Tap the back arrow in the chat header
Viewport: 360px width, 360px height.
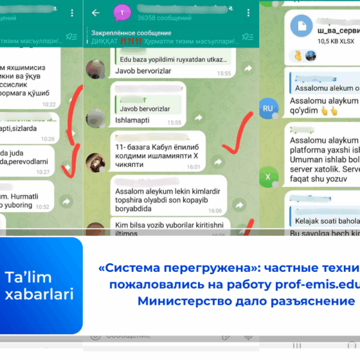(x=95, y=13)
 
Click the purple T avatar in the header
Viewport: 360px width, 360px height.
(x=123, y=13)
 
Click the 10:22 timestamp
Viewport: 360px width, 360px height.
(x=48, y=104)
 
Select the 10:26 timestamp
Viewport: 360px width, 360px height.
(x=48, y=139)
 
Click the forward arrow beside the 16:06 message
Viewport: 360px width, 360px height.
(x=239, y=205)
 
